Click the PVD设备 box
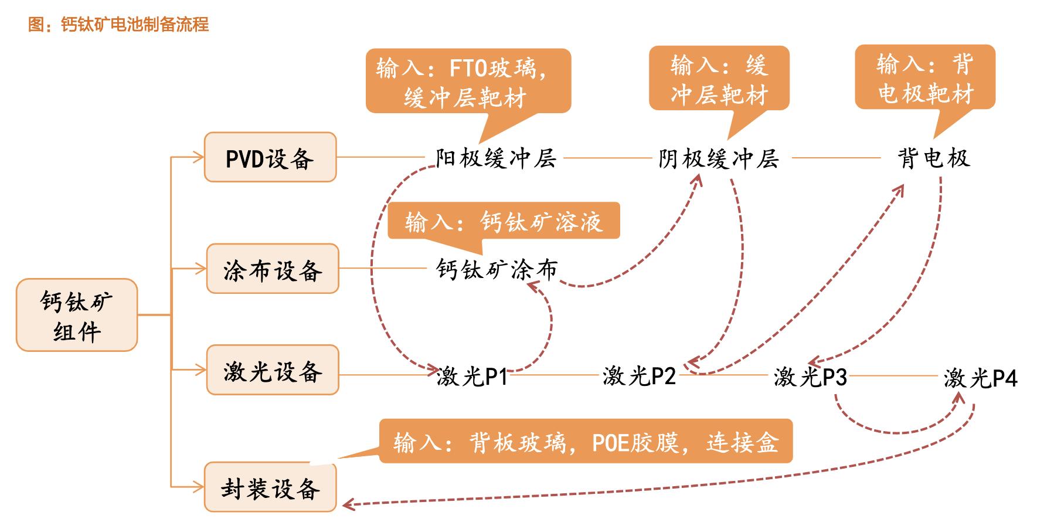click(270, 157)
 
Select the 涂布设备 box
click(273, 269)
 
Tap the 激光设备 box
click(273, 370)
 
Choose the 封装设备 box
click(270, 487)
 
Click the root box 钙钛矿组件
click(77, 315)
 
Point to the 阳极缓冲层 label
click(496, 158)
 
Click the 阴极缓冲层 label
click(719, 158)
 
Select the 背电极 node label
click(934, 158)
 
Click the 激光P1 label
click(472, 376)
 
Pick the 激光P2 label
click(640, 376)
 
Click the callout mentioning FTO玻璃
click(468, 81)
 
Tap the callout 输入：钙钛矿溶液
click(504, 221)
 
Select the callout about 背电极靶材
click(925, 77)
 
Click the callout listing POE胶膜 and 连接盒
click(586, 441)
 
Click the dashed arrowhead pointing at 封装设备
click(347, 504)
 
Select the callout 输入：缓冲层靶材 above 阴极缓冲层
click(719, 79)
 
